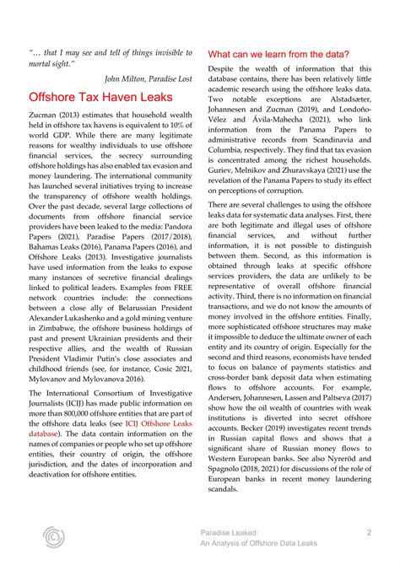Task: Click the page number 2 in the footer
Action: pos(369,532)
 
